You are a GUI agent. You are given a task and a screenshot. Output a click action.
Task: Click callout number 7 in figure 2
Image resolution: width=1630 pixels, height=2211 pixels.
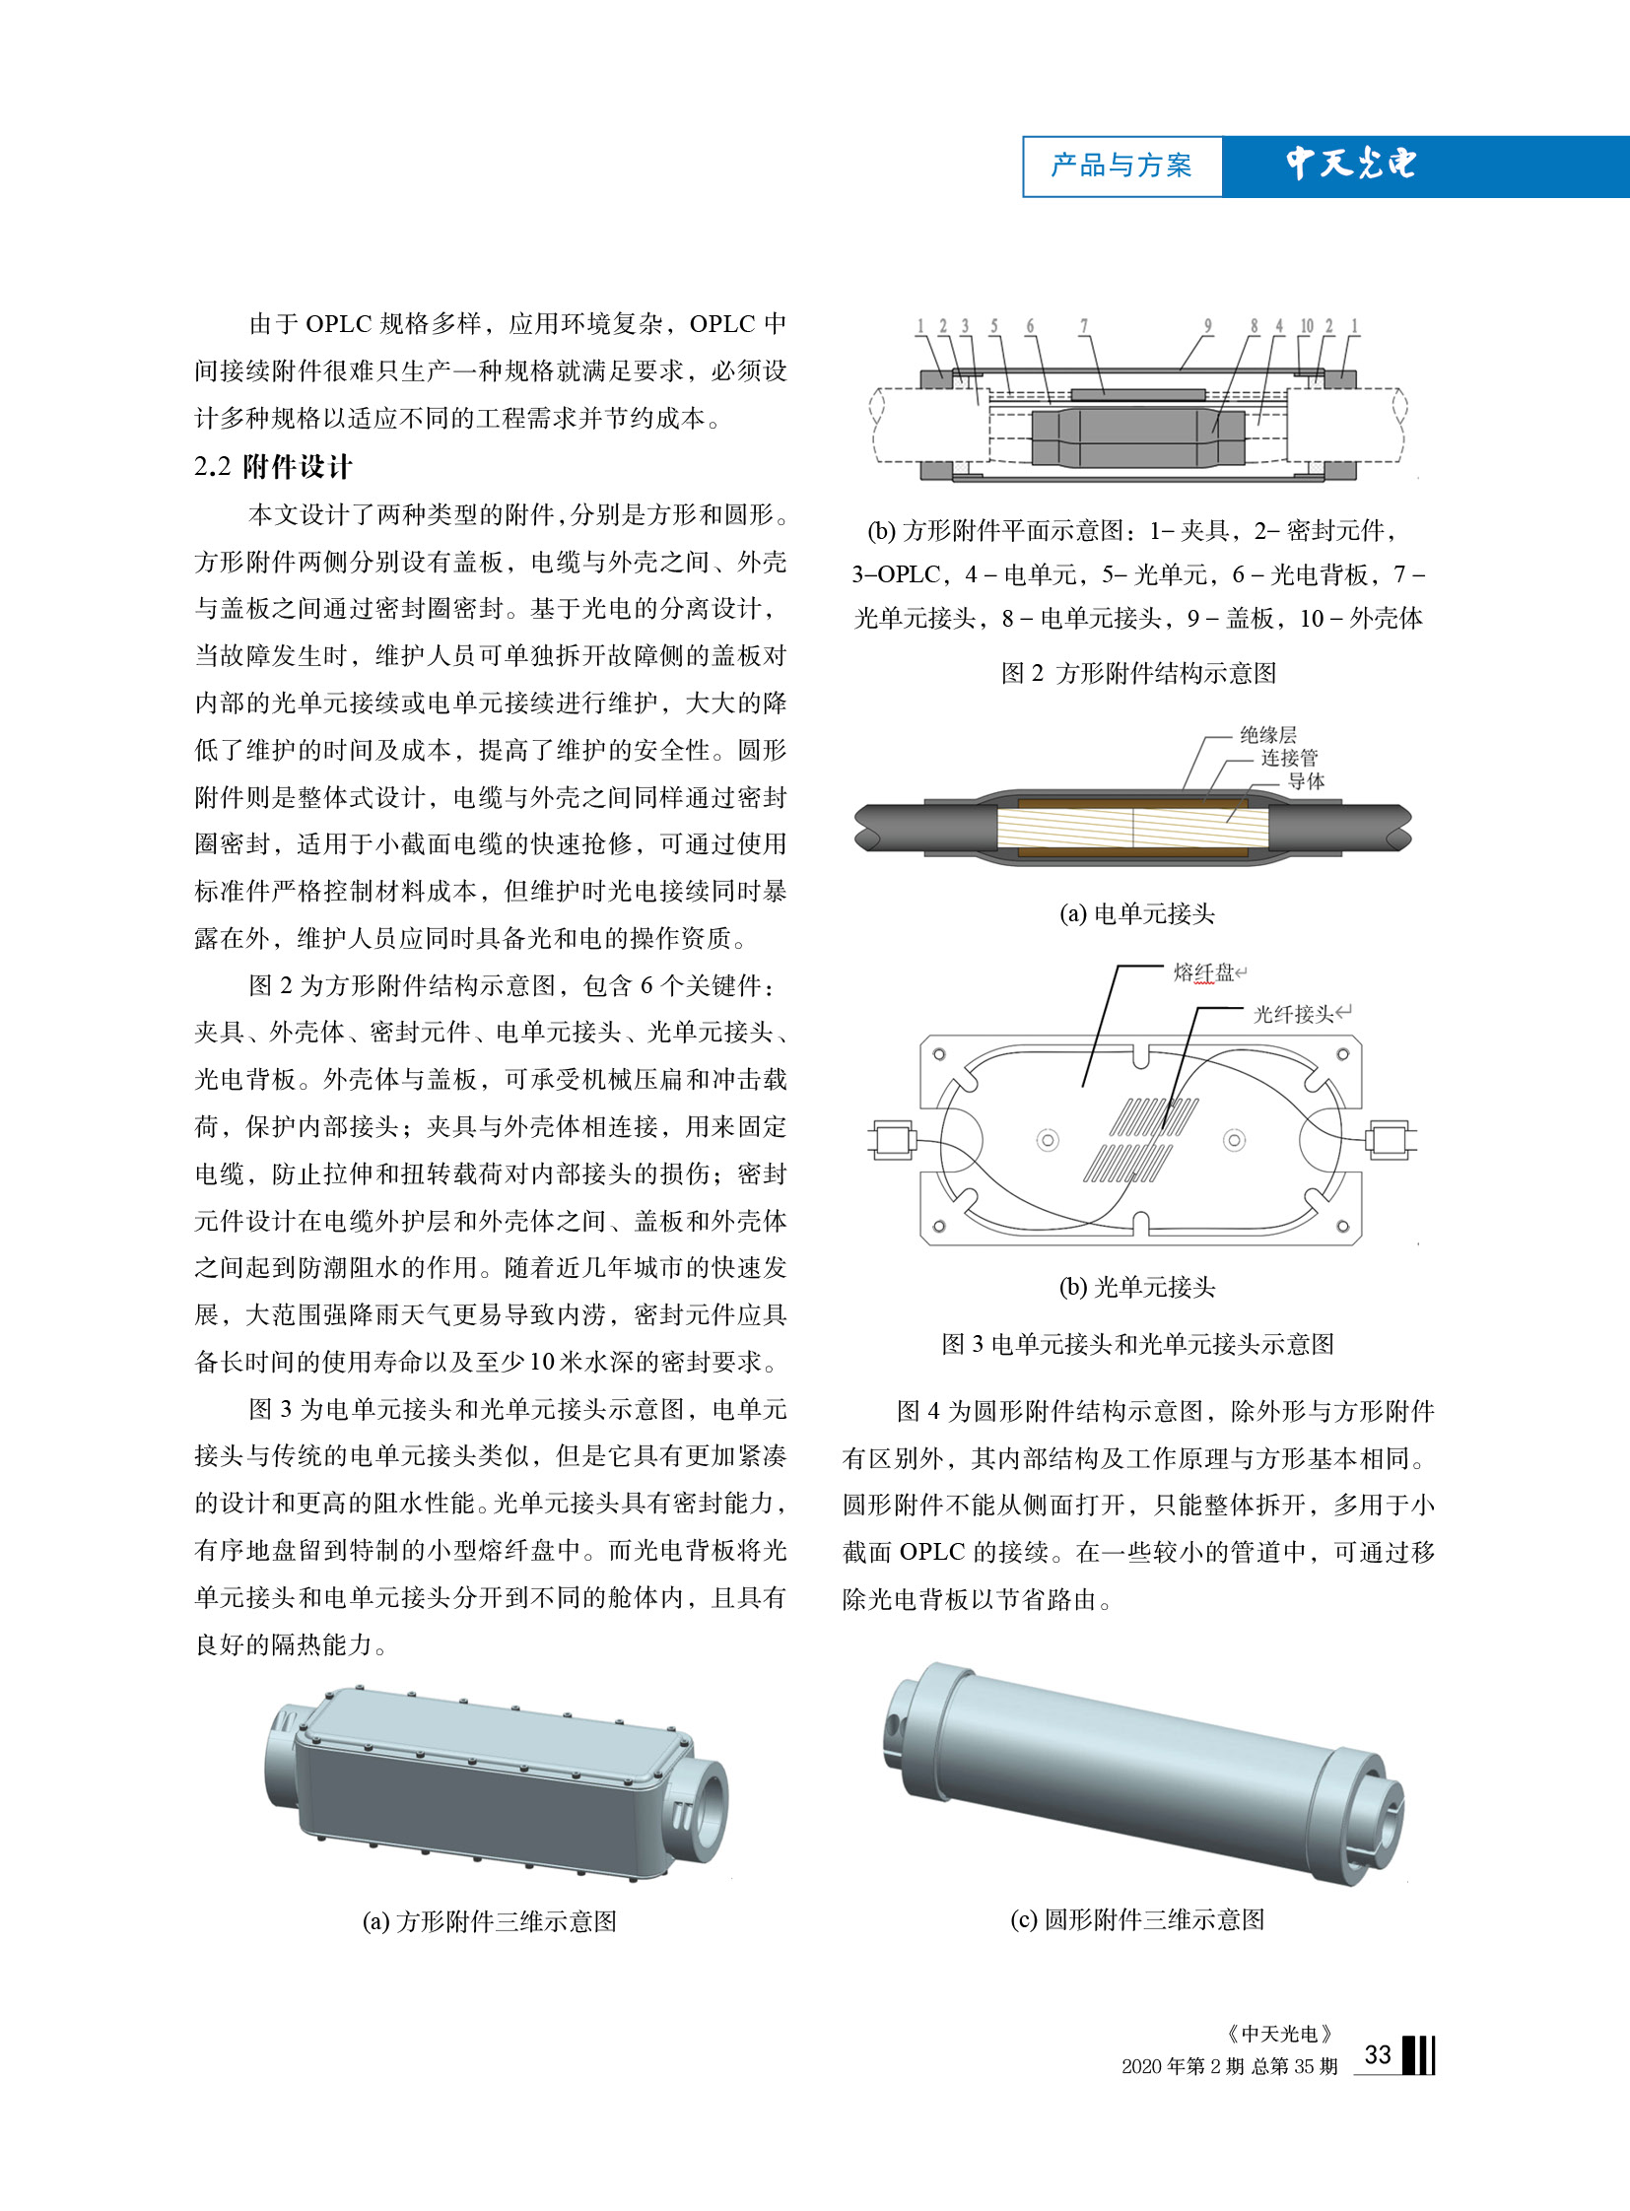1083,325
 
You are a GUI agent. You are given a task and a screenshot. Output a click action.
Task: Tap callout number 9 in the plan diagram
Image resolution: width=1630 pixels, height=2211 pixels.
1207,325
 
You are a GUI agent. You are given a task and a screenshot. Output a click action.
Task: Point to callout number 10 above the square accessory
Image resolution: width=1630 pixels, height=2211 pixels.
1307,325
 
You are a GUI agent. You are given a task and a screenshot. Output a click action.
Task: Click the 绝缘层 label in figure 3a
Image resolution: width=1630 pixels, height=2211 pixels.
1268,734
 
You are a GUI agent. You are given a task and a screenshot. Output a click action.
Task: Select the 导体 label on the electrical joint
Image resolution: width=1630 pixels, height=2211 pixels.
1306,780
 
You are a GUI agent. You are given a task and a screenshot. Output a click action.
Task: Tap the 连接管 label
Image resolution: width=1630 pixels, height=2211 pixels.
1289,757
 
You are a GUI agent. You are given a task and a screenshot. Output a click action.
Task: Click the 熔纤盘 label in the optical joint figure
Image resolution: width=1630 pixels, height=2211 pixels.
1203,972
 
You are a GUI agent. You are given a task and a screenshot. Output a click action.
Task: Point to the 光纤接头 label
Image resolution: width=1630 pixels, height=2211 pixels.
1294,1014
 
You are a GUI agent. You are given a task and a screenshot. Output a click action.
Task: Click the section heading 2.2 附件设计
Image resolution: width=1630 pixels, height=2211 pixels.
272,467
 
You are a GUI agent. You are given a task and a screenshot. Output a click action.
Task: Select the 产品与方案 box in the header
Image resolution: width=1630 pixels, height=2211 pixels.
1121,166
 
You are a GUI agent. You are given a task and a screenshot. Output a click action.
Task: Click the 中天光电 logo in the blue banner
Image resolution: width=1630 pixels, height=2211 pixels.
1351,164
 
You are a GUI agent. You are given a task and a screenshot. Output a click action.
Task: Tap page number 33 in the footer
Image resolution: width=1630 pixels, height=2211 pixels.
1378,2055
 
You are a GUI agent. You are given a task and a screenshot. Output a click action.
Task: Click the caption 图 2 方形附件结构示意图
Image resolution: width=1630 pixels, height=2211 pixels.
1138,673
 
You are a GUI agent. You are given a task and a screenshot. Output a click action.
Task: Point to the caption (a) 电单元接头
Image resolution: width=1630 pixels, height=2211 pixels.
1136,913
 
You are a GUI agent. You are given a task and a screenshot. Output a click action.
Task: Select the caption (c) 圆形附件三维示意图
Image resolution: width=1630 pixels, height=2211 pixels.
1136,1919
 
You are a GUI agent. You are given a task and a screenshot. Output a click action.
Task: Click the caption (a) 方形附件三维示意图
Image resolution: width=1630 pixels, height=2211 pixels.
490,1921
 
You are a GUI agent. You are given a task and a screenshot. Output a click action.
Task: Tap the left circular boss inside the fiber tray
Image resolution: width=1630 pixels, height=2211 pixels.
1047,1141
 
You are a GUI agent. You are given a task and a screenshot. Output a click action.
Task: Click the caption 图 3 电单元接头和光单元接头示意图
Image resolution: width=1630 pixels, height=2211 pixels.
1137,1344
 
